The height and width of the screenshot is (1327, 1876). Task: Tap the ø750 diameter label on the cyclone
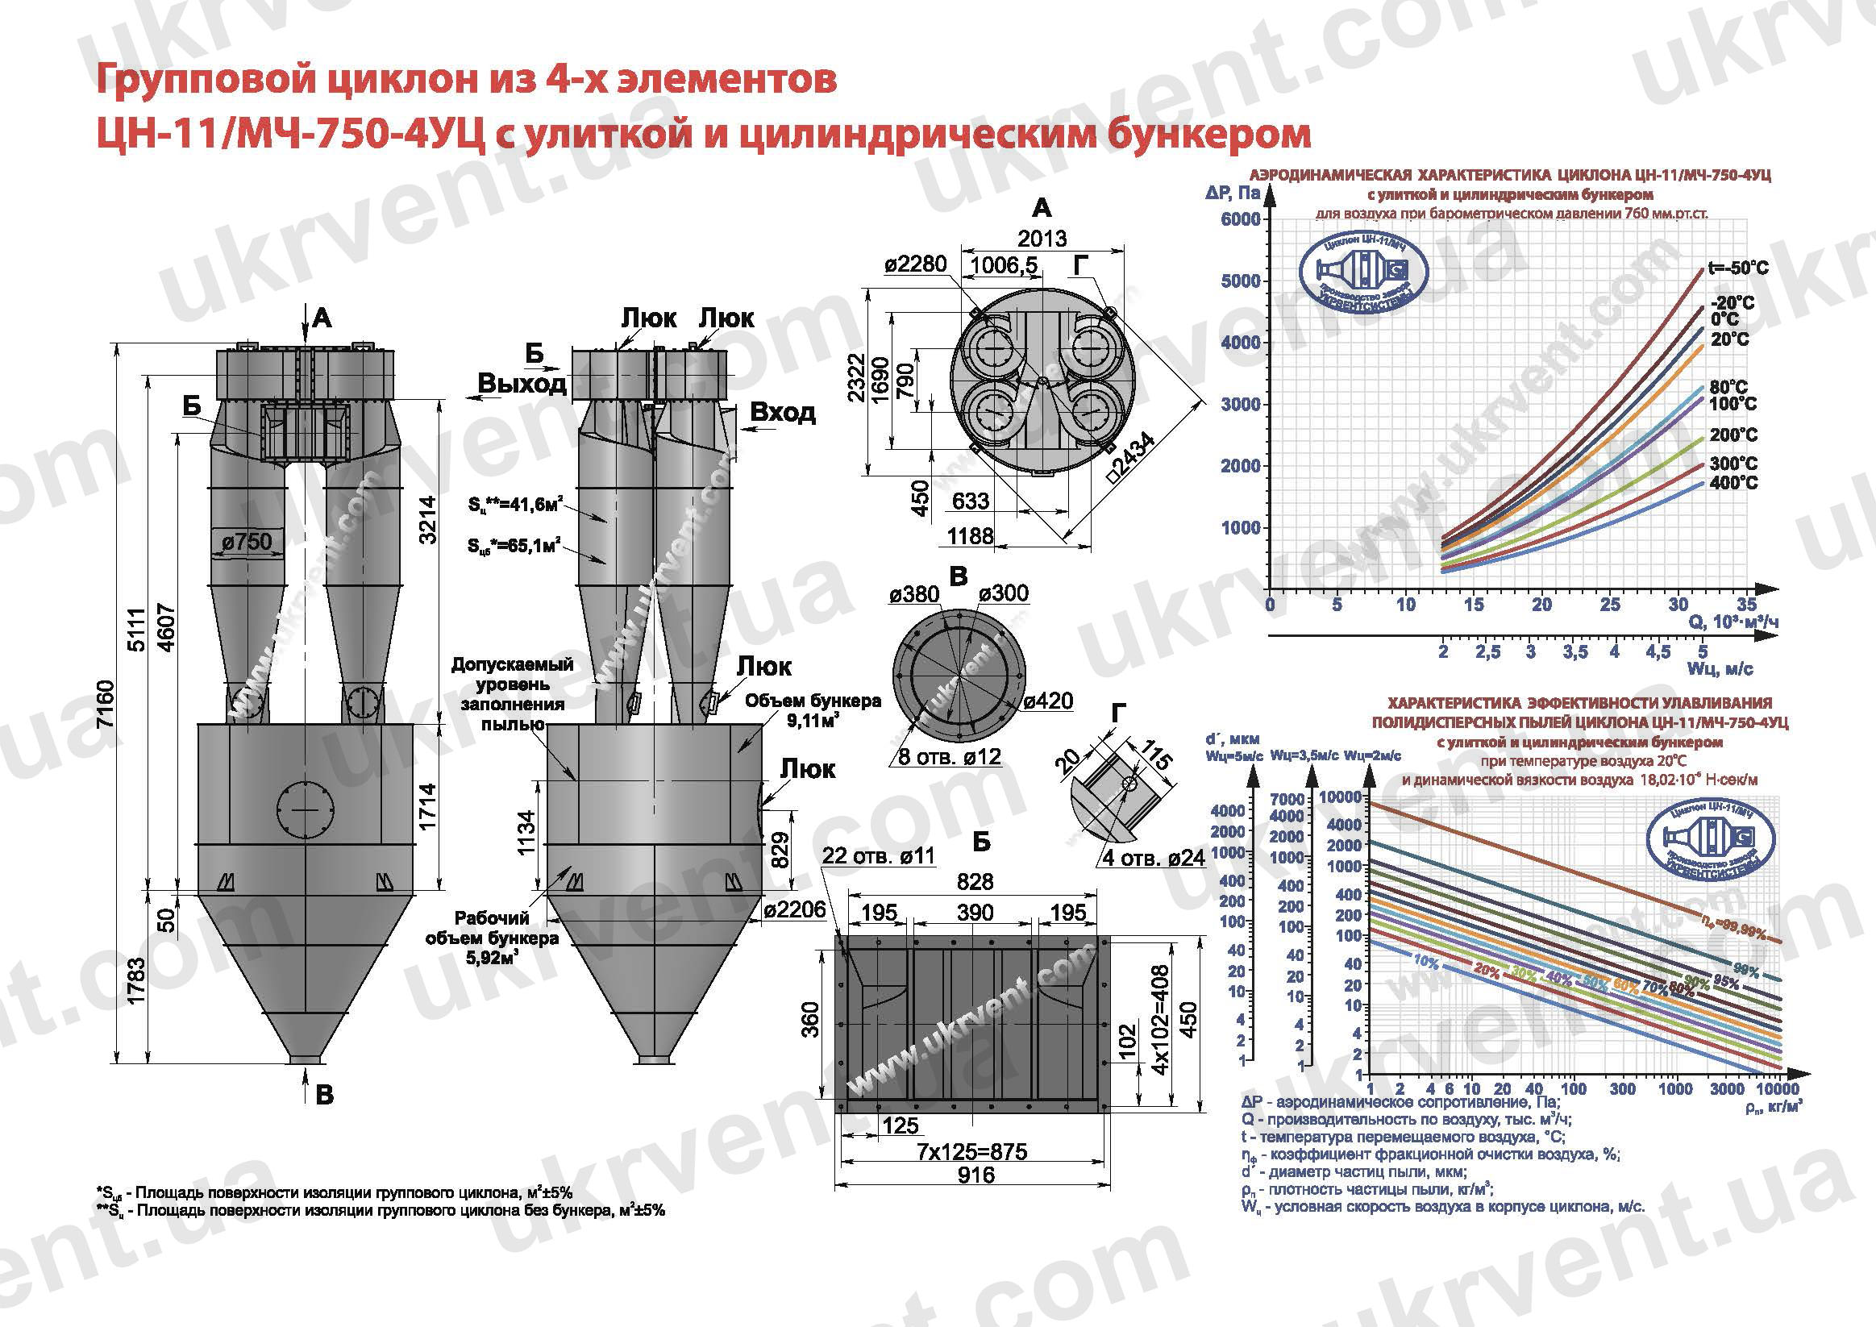246,541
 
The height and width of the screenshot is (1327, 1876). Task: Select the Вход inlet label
782,412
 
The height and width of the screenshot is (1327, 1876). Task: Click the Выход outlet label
522,383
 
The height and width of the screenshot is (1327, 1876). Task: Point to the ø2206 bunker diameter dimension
795,909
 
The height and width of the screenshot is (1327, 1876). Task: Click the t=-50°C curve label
1738,268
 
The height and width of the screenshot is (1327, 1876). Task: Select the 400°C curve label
1733,483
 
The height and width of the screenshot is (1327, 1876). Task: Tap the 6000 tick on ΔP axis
1240,219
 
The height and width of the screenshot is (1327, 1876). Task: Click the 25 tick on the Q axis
1610,605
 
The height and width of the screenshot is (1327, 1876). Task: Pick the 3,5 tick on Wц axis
1574,652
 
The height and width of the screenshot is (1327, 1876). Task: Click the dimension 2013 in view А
1042,239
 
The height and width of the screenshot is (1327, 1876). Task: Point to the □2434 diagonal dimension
1134,460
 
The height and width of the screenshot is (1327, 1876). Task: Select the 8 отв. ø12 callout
949,757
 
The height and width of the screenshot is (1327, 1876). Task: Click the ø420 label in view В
1046,701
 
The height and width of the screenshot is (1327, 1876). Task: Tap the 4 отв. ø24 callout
1154,859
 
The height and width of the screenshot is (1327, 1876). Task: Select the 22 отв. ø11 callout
878,855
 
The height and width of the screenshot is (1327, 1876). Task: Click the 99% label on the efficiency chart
1747,971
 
